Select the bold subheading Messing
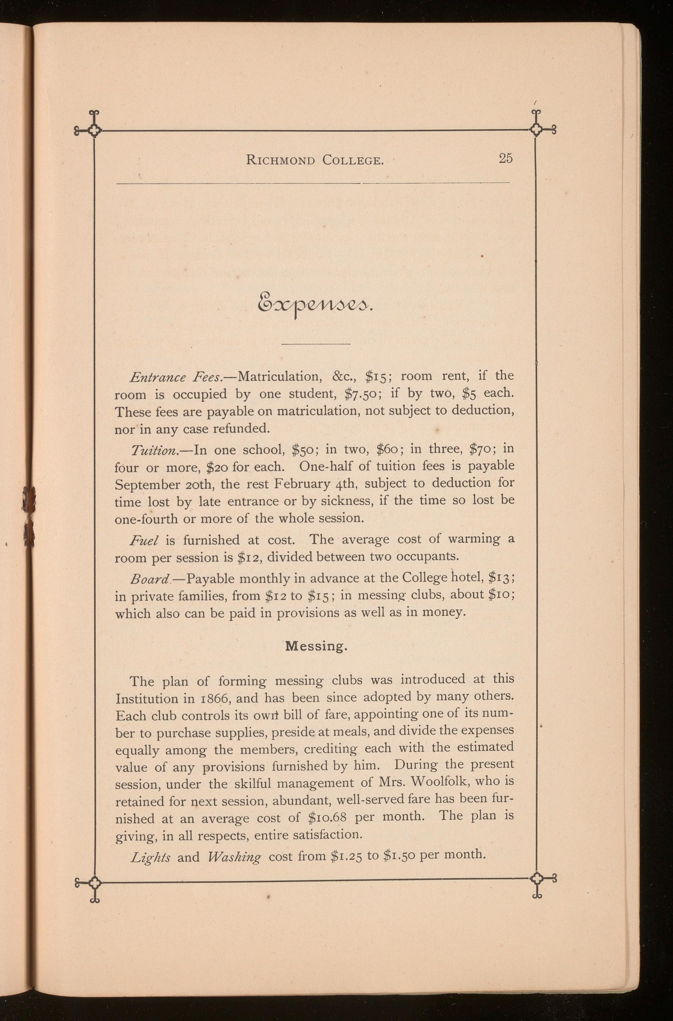pyautogui.click(x=316, y=646)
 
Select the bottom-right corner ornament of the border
pyautogui.click(x=537, y=882)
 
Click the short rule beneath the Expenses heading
pyautogui.click(x=316, y=344)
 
